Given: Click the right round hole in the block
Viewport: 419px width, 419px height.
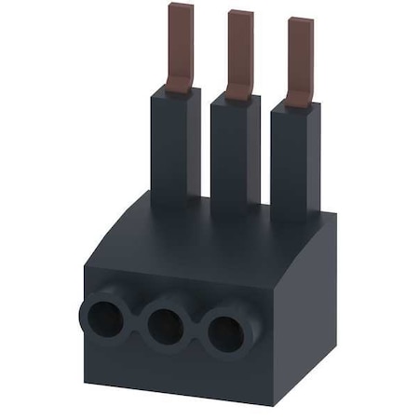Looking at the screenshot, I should tap(224, 333).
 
